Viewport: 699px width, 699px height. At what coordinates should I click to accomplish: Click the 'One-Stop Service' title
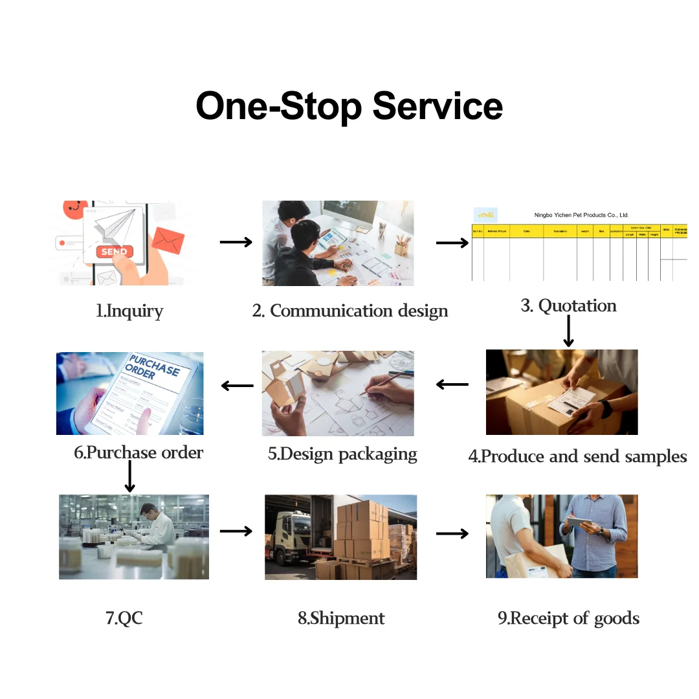click(349, 105)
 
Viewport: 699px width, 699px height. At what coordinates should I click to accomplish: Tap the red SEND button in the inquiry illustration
click(115, 251)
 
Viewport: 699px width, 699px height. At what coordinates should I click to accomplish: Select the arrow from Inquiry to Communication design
click(236, 242)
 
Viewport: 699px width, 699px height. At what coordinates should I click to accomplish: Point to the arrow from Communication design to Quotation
click(452, 243)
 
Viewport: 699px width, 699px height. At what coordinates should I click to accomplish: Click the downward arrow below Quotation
click(568, 331)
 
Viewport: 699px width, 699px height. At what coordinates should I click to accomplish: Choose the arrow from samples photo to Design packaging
click(452, 384)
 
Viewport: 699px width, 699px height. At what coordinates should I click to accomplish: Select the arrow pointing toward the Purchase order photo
click(237, 386)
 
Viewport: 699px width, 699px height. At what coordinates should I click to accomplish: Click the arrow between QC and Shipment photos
click(236, 531)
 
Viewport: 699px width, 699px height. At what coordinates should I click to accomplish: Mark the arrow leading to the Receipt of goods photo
click(452, 533)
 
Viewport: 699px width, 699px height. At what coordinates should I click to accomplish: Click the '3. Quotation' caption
click(568, 305)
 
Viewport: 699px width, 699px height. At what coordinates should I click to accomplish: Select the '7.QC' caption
click(124, 617)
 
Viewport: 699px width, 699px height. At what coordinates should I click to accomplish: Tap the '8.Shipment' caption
click(341, 618)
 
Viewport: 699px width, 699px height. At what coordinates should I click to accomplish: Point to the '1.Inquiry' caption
click(129, 311)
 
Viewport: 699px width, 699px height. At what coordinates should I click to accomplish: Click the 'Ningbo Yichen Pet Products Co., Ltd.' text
click(581, 215)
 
